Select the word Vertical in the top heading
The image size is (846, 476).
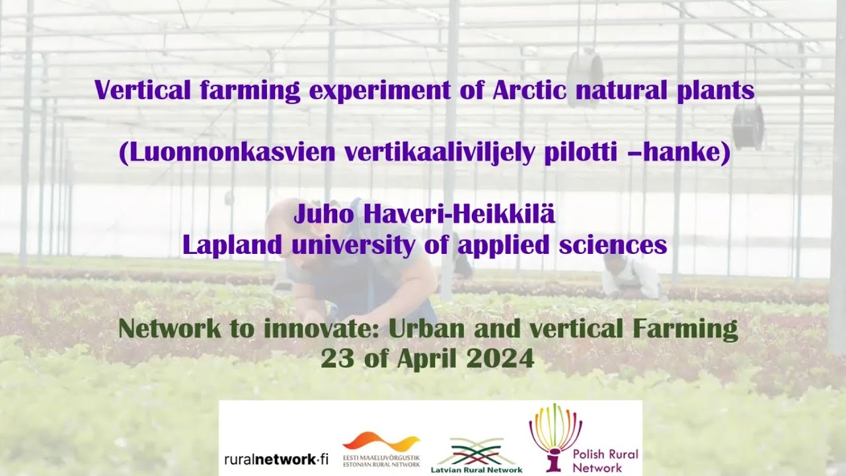137,90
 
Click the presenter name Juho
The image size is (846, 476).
325,214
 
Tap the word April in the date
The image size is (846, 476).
427,358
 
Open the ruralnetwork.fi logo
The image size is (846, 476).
276,459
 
